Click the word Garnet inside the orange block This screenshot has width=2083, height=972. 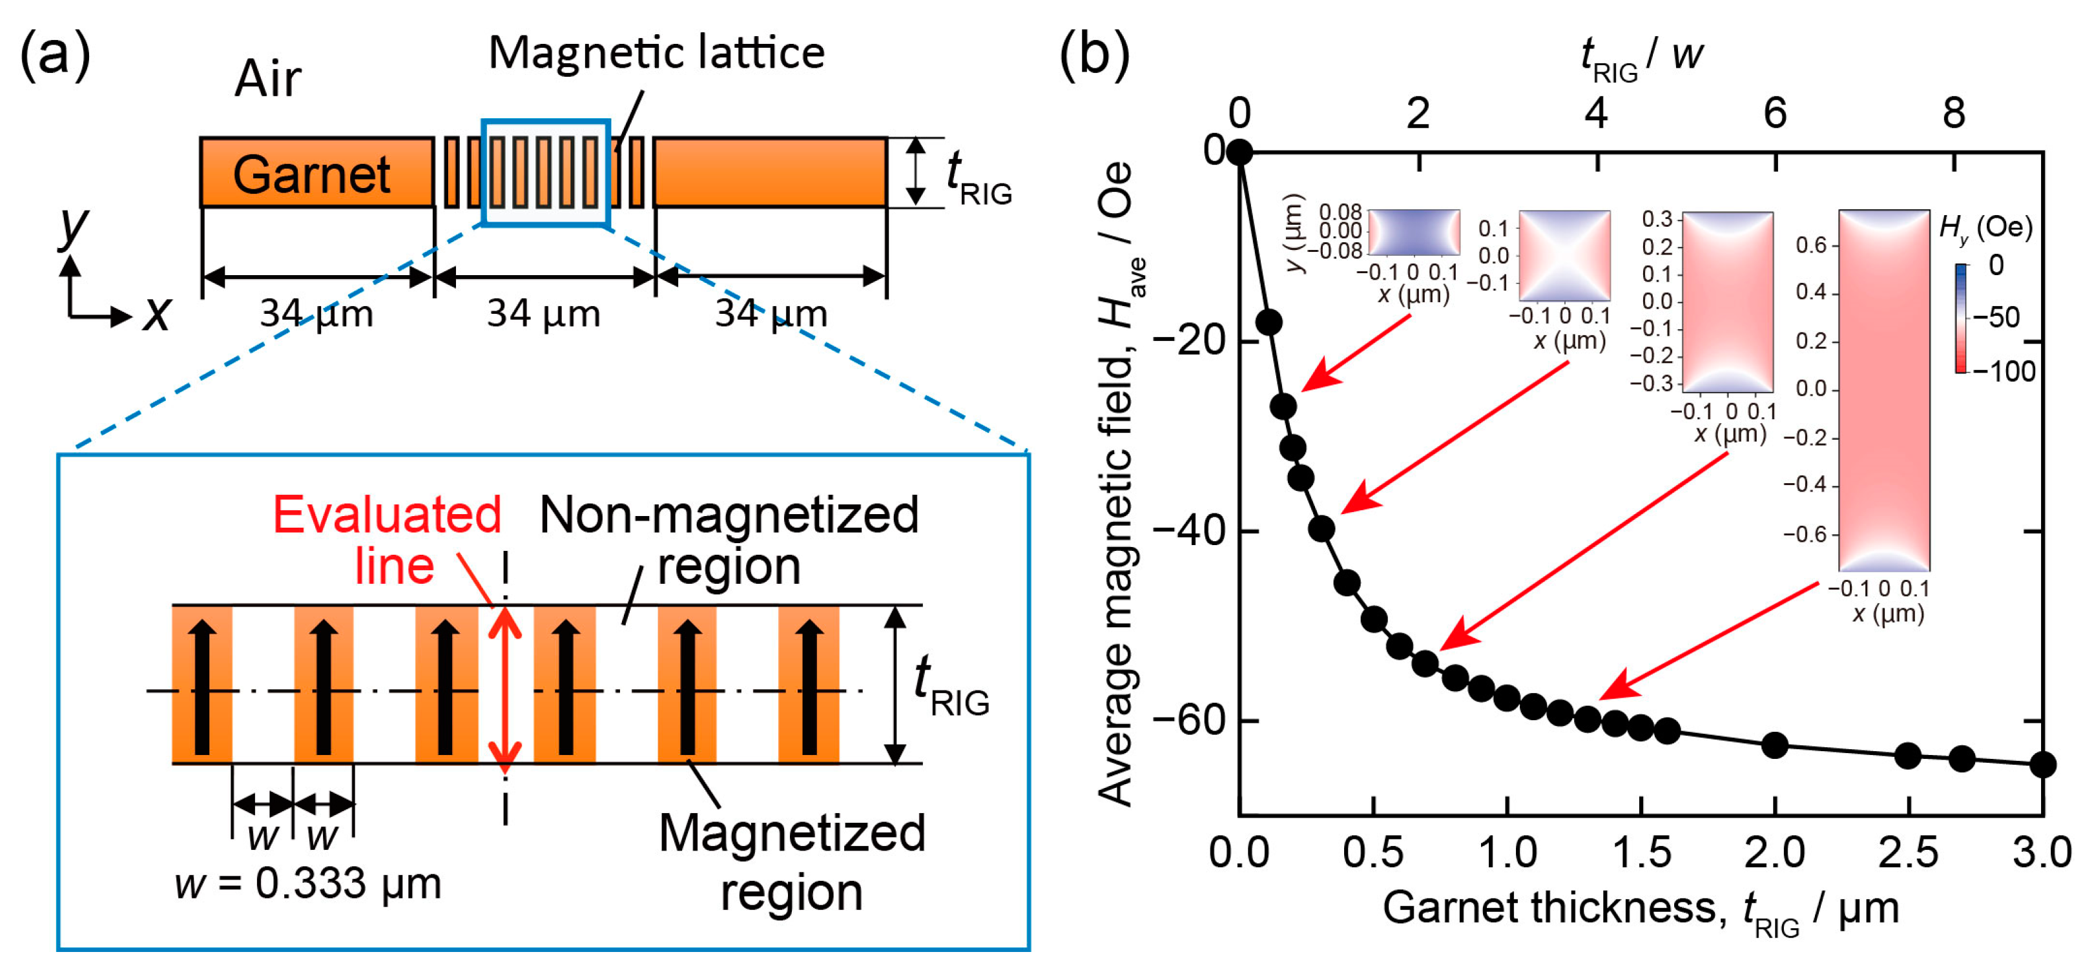click(x=311, y=174)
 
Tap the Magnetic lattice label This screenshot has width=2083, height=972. click(x=657, y=54)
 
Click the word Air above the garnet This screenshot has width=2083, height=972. click(x=267, y=79)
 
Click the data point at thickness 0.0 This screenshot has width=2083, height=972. click(x=1239, y=152)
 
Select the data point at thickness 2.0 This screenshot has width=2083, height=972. click(x=1774, y=745)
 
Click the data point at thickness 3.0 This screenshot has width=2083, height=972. click(x=2042, y=764)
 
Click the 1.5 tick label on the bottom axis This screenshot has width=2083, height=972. click(x=1641, y=853)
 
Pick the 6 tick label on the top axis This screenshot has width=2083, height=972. click(x=1775, y=113)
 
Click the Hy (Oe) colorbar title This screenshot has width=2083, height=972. click(x=1985, y=227)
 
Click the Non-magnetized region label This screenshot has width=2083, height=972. click(x=728, y=539)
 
